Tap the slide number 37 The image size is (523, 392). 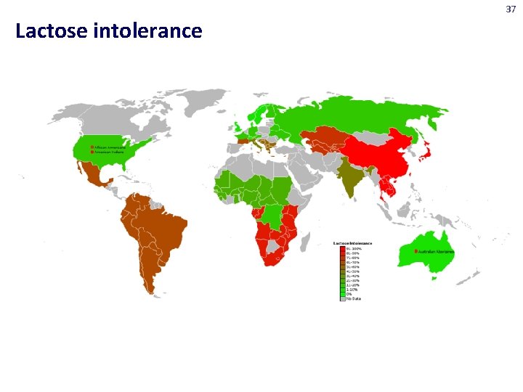511,9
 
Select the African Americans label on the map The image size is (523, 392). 108,146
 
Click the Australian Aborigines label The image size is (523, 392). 437,251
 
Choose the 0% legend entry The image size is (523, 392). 349,294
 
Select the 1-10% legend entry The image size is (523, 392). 352,290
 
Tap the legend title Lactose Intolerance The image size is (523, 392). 352,242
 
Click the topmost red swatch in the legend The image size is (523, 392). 342,248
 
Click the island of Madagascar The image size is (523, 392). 309,240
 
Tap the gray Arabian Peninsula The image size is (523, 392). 305,174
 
